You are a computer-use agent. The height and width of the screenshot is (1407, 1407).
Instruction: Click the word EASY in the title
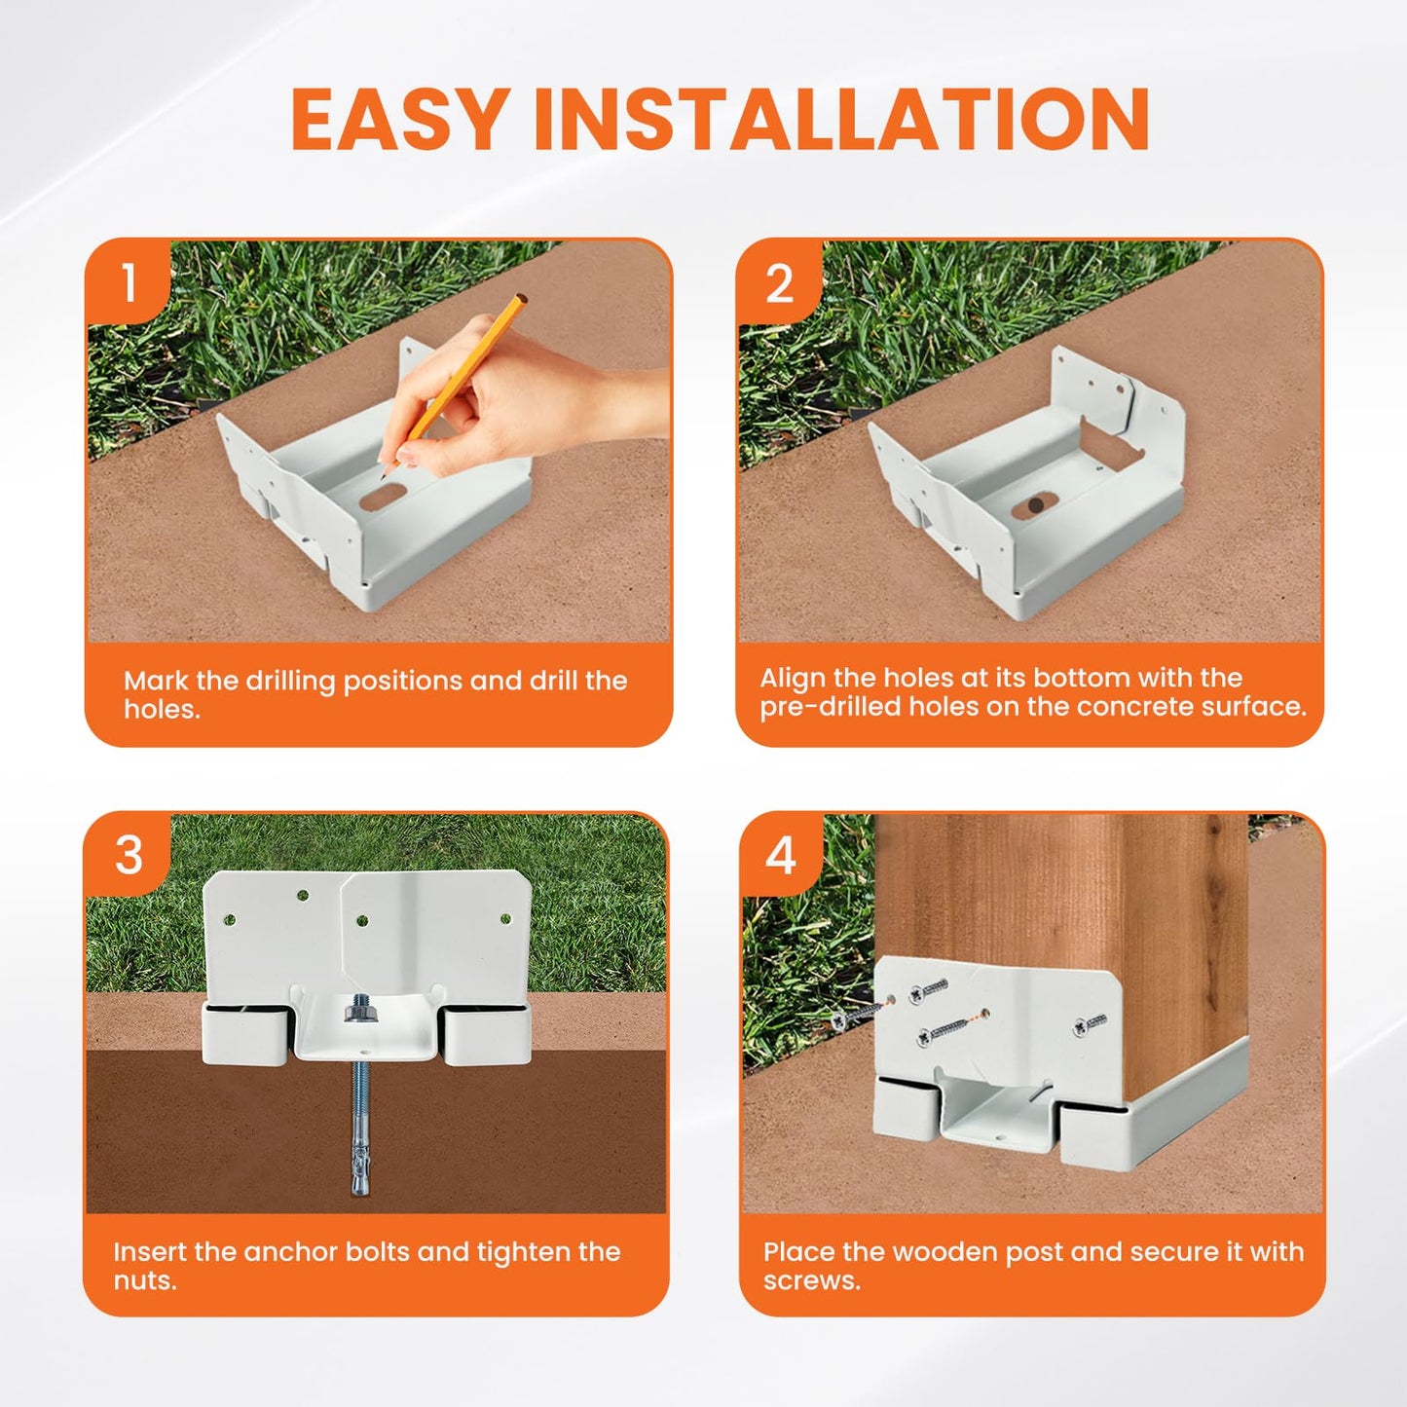click(x=399, y=120)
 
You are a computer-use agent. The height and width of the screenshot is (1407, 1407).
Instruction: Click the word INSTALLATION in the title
click(x=842, y=120)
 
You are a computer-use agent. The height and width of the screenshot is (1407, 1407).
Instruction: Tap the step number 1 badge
click(x=130, y=283)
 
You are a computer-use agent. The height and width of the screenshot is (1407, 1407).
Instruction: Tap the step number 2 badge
click(x=779, y=284)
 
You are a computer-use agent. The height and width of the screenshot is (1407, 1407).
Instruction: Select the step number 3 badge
click(x=129, y=856)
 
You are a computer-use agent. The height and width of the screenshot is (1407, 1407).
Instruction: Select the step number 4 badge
click(x=781, y=856)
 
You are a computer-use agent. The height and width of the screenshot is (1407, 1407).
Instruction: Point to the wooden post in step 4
click(x=1061, y=896)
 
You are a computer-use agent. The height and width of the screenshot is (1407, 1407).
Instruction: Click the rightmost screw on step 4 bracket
click(x=1091, y=1023)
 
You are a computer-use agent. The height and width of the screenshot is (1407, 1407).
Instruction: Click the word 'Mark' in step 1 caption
click(x=156, y=681)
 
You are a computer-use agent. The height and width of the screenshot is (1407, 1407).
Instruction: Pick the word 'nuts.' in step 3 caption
click(x=145, y=1279)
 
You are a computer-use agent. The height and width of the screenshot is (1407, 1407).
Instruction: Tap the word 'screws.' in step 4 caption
click(x=812, y=1279)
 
